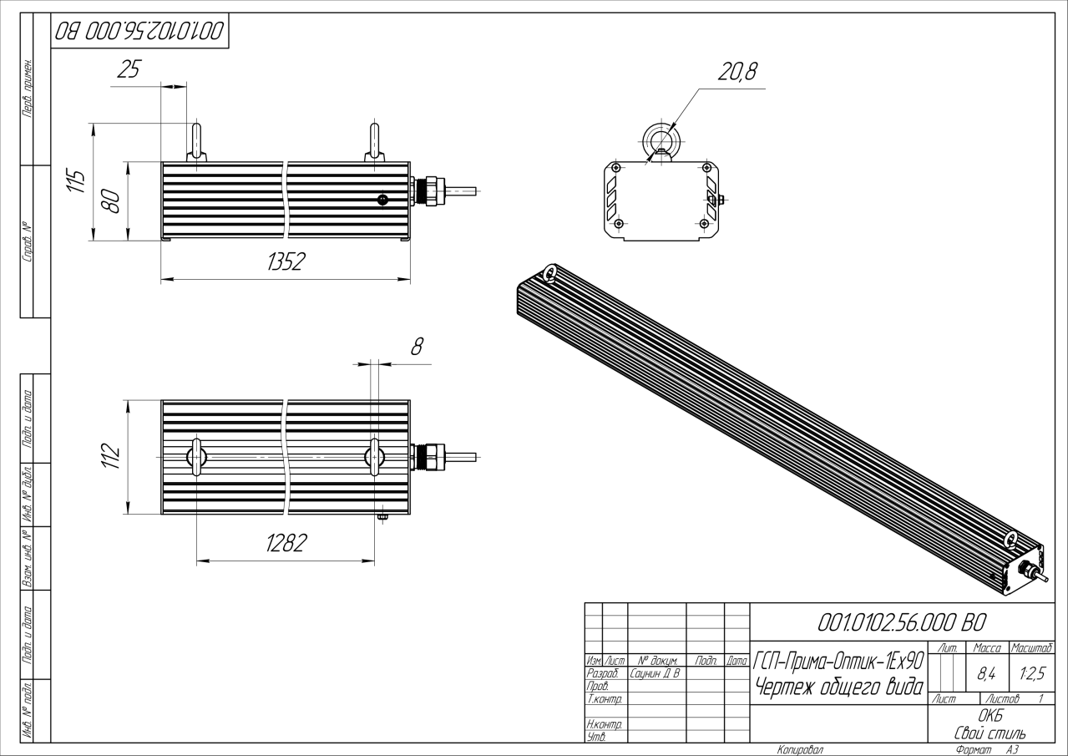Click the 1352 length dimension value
click(x=286, y=261)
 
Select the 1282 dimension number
click(x=286, y=543)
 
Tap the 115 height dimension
click(x=76, y=180)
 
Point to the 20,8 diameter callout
click(x=737, y=72)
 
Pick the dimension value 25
click(x=129, y=69)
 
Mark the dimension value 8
click(x=417, y=347)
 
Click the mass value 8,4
click(x=986, y=674)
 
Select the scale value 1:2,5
click(x=1032, y=674)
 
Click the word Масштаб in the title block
click(x=1032, y=648)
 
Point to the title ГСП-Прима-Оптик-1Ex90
click(x=838, y=661)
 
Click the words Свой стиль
click(x=990, y=733)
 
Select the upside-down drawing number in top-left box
click(x=139, y=31)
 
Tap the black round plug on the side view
click(x=382, y=200)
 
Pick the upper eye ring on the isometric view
click(x=549, y=274)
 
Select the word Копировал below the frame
click(x=801, y=750)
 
